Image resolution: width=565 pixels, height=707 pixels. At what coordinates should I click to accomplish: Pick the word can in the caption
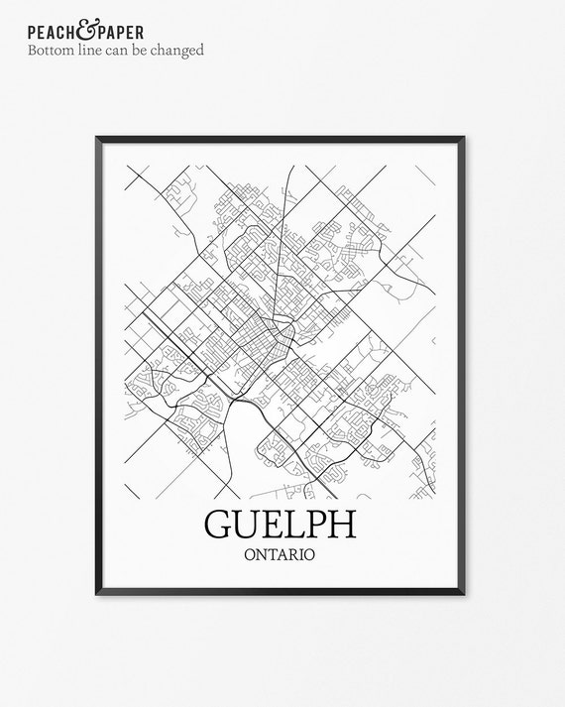[124, 50]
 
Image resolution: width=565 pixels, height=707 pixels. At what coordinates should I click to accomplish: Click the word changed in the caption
[180, 50]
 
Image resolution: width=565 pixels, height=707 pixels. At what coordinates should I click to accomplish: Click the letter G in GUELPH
[219, 526]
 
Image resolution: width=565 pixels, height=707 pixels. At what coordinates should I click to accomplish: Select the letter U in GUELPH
[250, 526]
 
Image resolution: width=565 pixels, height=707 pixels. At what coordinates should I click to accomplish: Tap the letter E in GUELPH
[278, 526]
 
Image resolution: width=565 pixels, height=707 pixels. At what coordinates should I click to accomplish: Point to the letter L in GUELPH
[301, 526]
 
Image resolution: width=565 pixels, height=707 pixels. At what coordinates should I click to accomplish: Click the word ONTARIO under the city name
[283, 554]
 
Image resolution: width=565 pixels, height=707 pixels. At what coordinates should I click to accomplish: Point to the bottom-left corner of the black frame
[99, 594]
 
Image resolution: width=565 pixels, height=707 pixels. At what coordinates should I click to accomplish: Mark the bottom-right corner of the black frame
[467, 594]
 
